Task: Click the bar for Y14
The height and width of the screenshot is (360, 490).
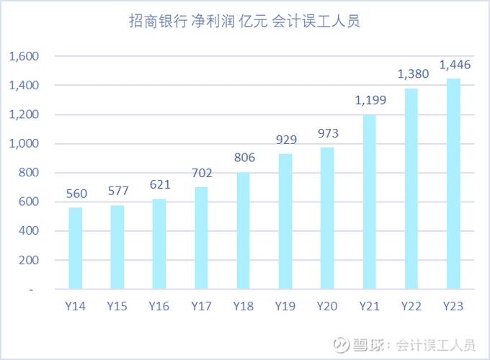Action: coord(76,248)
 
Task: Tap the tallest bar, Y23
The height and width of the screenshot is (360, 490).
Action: coord(453,184)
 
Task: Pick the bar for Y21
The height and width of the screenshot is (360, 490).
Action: coord(369,202)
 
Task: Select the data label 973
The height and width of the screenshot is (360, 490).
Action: coord(327,133)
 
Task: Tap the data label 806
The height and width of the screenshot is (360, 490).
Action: coord(244,158)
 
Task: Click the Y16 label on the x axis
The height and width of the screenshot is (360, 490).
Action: coord(159,306)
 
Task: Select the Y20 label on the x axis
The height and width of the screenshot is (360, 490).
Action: coord(327,306)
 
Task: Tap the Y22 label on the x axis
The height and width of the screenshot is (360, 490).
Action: coord(411,306)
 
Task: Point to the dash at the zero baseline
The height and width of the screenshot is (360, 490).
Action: coord(30,289)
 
